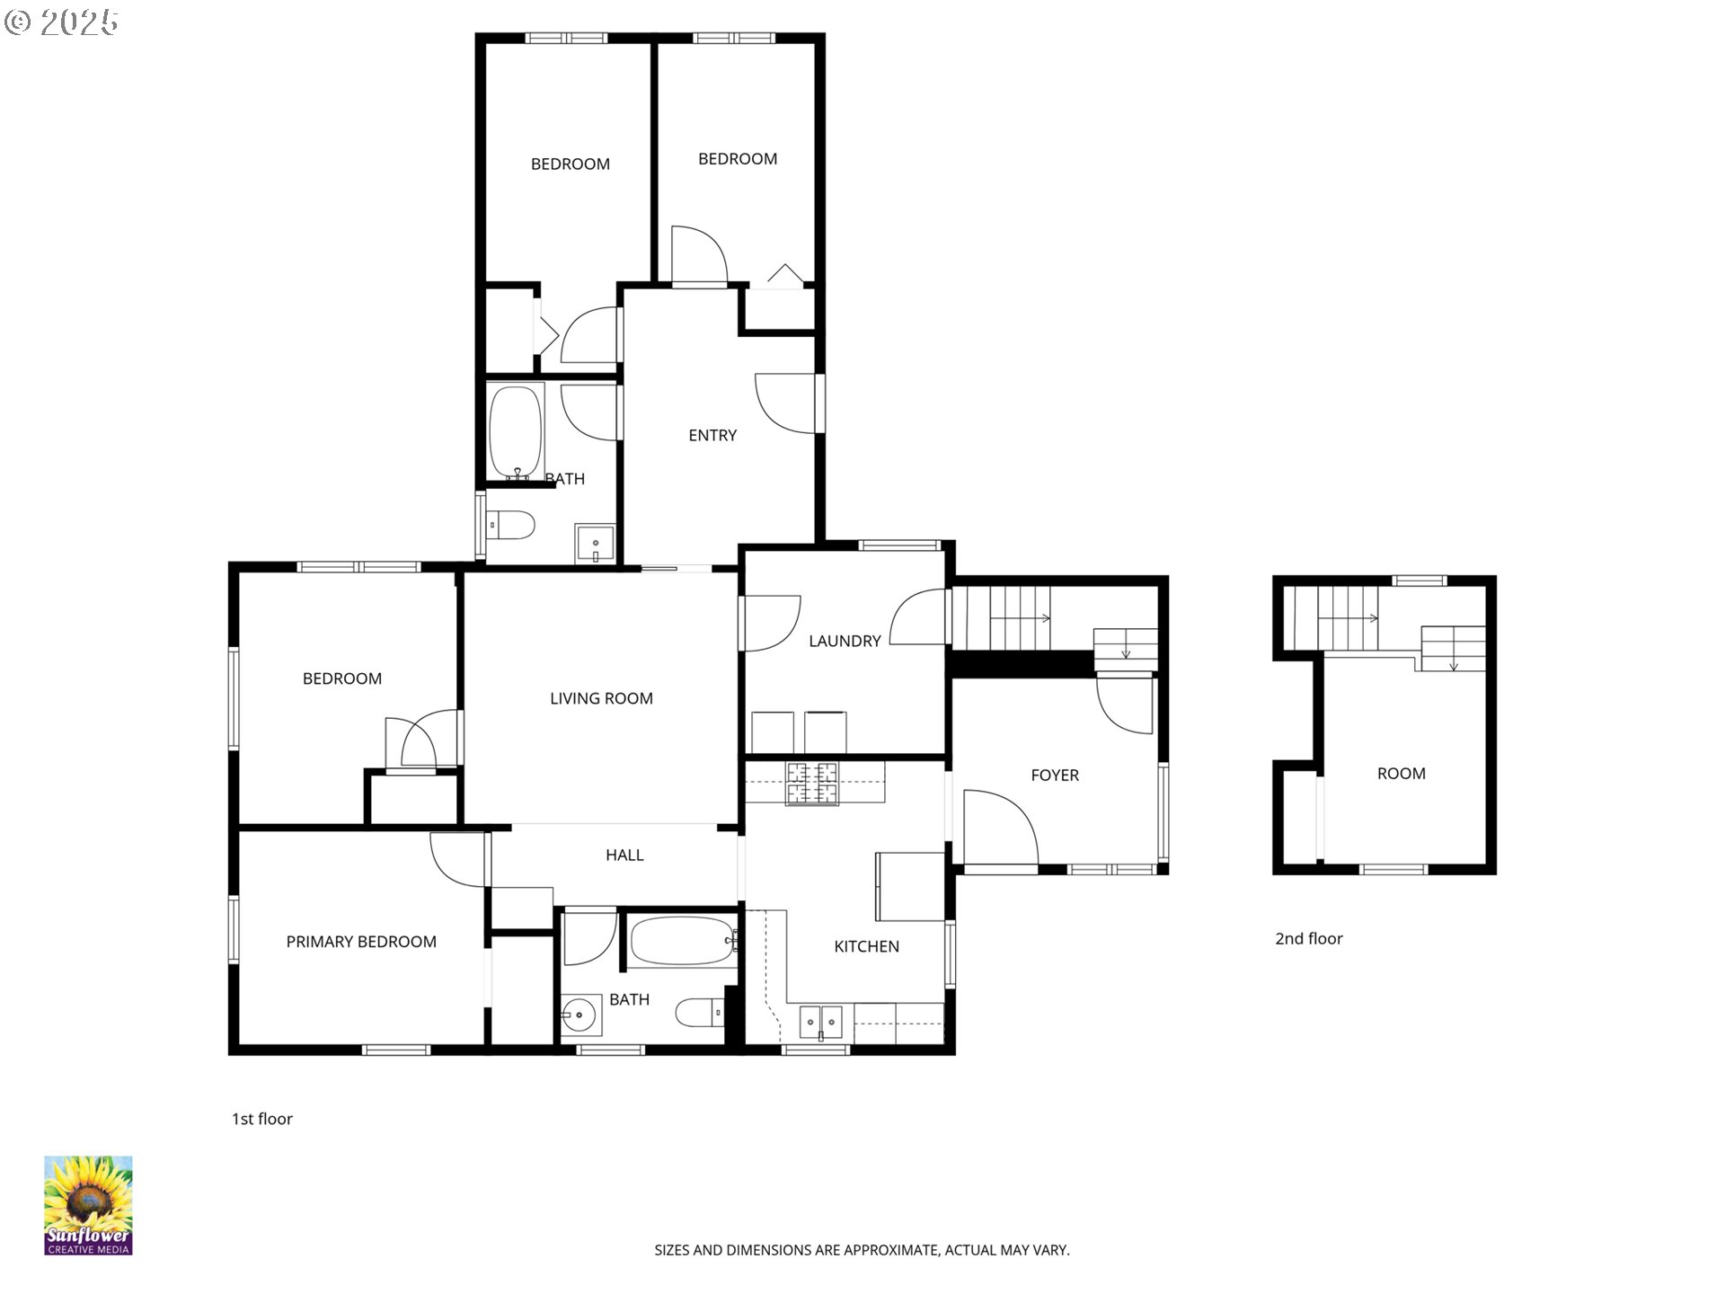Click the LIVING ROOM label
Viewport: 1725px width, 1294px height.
pyautogui.click(x=601, y=698)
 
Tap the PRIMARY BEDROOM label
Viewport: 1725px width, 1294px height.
pyautogui.click(x=361, y=942)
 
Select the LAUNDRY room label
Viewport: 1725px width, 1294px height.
pyautogui.click(x=845, y=641)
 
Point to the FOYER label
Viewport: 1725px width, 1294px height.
pyautogui.click(x=1055, y=775)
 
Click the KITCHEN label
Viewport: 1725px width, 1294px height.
pyautogui.click(x=866, y=946)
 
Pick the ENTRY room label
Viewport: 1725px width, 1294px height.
pyautogui.click(x=712, y=435)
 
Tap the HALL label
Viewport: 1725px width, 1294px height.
pyautogui.click(x=624, y=855)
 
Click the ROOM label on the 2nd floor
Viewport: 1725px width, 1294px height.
pyautogui.click(x=1401, y=774)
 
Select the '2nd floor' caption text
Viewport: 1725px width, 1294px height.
pyautogui.click(x=1309, y=938)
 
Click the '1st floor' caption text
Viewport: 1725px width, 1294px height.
pyautogui.click(x=262, y=1119)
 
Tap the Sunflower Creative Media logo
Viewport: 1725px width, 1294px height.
pyautogui.click(x=88, y=1206)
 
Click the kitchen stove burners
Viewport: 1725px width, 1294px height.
pyautogui.click(x=812, y=783)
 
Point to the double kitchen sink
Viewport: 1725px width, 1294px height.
pyautogui.click(x=821, y=1023)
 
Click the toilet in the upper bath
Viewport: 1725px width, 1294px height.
pyautogui.click(x=510, y=524)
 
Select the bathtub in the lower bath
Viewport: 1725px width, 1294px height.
pyautogui.click(x=684, y=942)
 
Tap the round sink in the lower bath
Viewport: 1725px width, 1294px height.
pyautogui.click(x=580, y=1015)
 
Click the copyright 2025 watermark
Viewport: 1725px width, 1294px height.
pyautogui.click(x=61, y=22)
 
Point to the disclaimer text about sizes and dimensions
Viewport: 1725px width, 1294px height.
pyautogui.click(x=862, y=1250)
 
